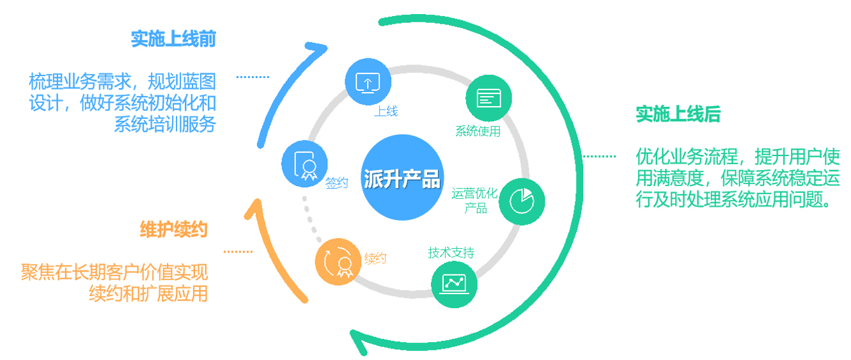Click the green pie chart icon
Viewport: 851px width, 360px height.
(x=522, y=201)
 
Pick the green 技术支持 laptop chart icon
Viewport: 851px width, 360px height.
(x=455, y=283)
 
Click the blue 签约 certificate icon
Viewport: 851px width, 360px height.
(x=304, y=164)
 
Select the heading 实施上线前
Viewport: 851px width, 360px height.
(x=173, y=39)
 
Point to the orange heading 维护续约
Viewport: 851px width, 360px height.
(x=174, y=229)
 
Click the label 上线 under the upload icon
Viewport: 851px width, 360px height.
(x=386, y=111)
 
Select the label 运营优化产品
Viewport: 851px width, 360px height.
(x=474, y=200)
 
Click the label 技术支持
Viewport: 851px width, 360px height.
(x=451, y=253)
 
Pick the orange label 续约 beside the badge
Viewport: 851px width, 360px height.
(x=375, y=258)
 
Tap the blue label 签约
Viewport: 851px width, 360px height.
(x=336, y=183)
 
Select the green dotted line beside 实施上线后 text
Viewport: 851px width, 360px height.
(x=598, y=156)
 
